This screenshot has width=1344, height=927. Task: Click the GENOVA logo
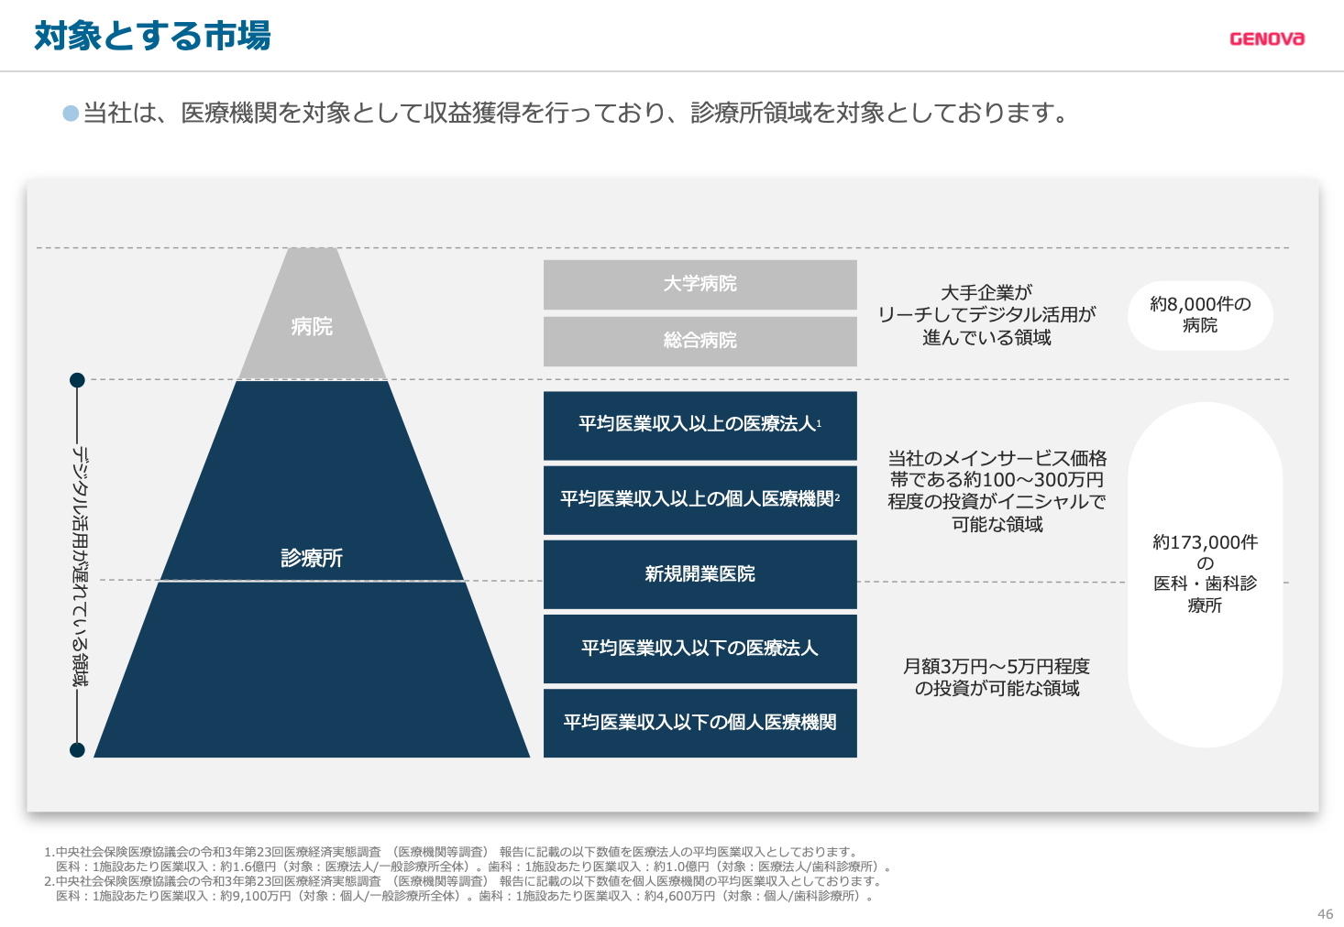[1267, 39]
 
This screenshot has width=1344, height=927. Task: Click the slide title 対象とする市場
[152, 36]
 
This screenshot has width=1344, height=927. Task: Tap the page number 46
[1325, 914]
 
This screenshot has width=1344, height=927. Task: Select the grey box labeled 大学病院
[700, 284]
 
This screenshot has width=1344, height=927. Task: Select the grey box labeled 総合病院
[700, 341]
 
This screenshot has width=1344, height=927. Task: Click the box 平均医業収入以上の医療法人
[700, 425]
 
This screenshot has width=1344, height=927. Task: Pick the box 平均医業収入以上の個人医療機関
[700, 499]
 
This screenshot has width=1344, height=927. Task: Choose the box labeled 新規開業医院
[700, 574]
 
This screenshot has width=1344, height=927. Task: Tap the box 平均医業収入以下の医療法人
[700, 649]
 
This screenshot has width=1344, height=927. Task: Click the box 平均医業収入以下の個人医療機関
[700, 723]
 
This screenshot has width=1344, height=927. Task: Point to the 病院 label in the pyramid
[312, 327]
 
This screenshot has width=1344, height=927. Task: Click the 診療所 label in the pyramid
[312, 558]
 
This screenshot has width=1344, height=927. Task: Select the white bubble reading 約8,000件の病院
[1200, 315]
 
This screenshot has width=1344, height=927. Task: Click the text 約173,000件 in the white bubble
[1205, 542]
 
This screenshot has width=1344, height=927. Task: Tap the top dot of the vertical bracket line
[77, 380]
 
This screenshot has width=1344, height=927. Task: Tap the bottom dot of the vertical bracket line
[77, 749]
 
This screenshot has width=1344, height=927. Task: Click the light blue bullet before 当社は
[71, 114]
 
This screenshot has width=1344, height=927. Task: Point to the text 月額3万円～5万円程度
[996, 666]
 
